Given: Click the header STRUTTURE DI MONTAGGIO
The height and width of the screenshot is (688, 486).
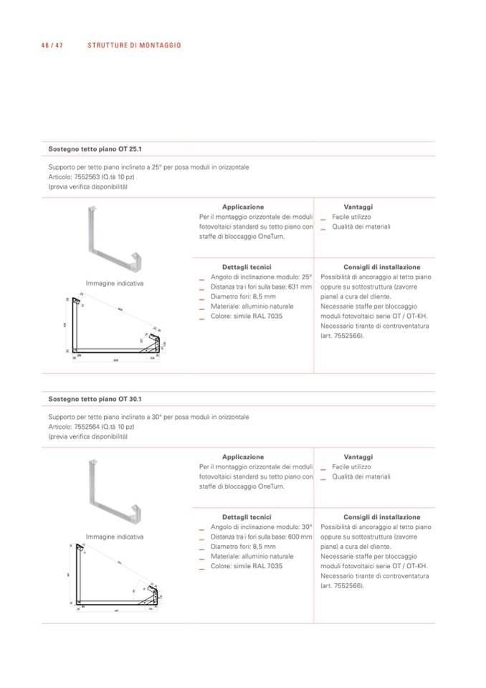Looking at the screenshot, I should click(134, 45).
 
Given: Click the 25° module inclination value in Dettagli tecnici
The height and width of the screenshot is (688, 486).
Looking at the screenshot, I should click(307, 277).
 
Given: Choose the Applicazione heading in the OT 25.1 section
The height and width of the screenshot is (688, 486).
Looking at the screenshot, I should click(243, 207).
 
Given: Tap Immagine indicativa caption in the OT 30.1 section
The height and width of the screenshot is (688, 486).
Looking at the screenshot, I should click(115, 537).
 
